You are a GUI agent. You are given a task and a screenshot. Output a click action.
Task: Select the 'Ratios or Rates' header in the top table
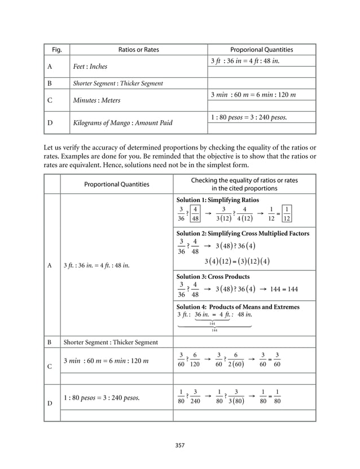tap(138, 50)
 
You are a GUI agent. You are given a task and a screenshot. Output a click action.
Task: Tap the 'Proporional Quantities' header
tap(261, 50)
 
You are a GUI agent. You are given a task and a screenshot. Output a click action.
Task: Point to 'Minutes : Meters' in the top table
tap(95, 100)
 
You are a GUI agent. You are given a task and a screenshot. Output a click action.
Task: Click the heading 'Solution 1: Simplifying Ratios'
tap(218, 200)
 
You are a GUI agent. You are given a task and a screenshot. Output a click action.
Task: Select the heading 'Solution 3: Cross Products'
tap(213, 277)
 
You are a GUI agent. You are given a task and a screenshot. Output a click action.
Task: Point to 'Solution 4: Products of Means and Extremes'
tap(238, 306)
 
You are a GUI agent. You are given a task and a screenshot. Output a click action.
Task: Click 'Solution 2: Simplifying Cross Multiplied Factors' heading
tap(243, 233)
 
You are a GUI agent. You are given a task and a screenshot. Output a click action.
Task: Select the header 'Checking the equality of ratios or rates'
tap(244, 180)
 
